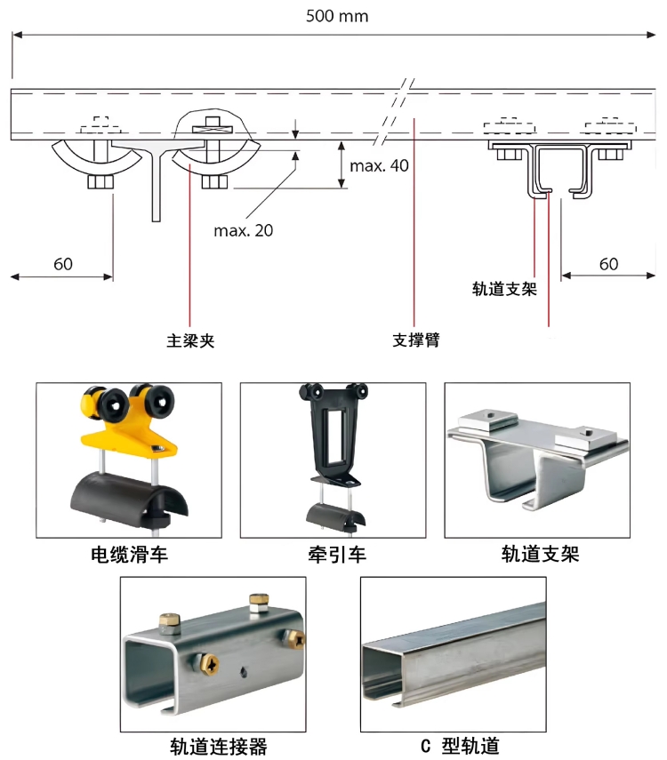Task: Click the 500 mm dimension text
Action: point(336,16)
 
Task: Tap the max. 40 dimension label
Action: point(379,165)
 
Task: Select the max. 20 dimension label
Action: point(243,230)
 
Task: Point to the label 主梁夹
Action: point(190,340)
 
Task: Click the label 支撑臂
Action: point(415,340)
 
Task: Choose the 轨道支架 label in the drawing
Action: point(504,289)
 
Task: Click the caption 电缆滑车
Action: point(129,556)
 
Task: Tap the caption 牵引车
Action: point(332,556)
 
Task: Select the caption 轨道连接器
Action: point(218,745)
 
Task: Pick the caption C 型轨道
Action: point(466,745)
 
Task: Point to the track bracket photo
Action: point(536,460)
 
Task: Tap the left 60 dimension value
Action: point(63,264)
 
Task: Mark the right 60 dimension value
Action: point(608,264)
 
